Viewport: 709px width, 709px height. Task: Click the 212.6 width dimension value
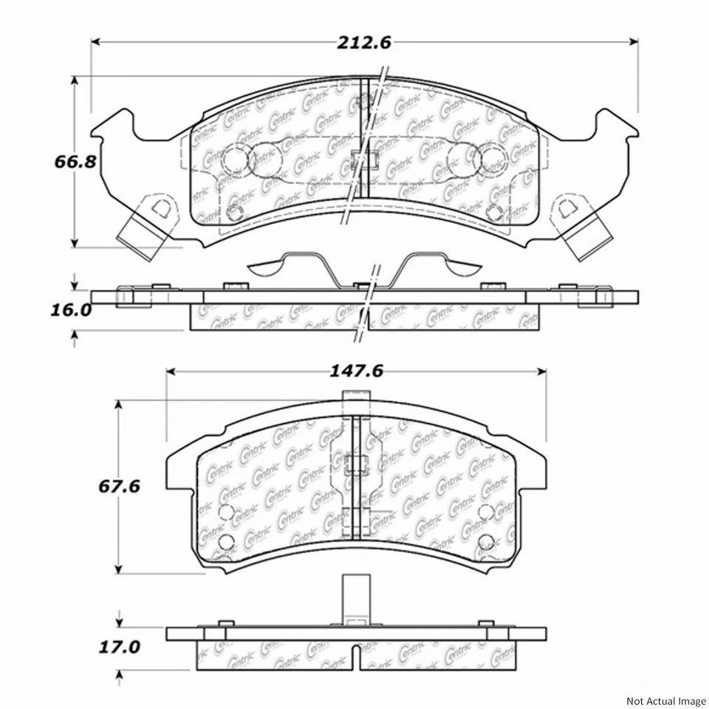[364, 42]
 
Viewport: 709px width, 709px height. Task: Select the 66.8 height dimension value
[72, 161]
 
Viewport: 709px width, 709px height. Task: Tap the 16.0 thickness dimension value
[72, 310]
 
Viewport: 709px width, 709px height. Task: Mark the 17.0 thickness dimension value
[119, 647]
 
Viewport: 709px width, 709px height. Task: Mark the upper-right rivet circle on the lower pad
[485, 513]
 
